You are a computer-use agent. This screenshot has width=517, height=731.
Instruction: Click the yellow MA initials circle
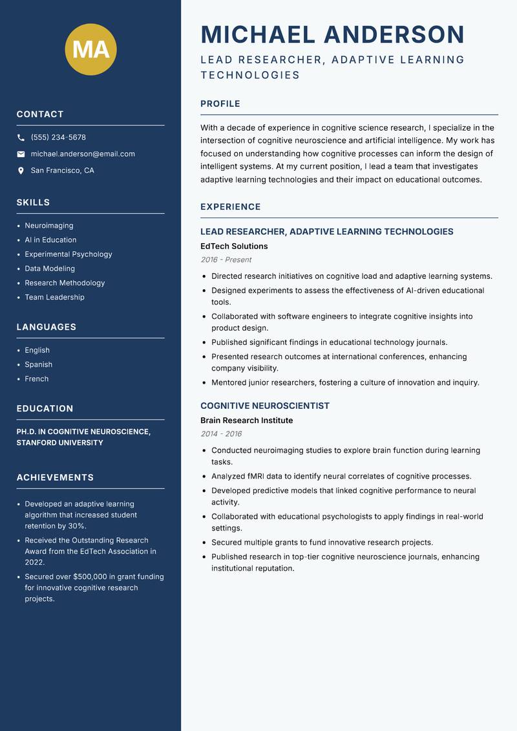point(91,50)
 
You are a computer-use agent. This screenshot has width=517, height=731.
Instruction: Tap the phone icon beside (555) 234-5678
point(21,138)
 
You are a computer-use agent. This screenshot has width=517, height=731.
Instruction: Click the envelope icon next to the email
point(21,154)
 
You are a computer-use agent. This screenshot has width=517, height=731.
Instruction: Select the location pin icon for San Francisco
point(21,171)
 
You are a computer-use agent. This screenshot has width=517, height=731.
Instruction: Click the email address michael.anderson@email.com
point(83,154)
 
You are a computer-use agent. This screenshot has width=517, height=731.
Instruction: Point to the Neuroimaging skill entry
point(49,226)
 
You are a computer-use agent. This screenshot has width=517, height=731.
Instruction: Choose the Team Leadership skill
point(54,298)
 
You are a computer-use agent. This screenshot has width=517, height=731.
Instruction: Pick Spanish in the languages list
point(39,365)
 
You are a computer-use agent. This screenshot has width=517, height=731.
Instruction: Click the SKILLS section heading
point(33,202)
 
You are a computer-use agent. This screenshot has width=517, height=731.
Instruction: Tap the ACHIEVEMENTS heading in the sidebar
point(55,477)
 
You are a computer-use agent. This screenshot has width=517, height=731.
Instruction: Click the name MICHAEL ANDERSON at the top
point(333,34)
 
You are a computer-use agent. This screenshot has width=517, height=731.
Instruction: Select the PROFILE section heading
point(220,104)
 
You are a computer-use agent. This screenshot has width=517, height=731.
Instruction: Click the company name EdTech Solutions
point(234,246)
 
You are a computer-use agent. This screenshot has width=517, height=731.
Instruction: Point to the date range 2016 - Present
point(226,259)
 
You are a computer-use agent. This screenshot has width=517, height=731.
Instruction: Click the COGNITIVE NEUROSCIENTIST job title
point(265,406)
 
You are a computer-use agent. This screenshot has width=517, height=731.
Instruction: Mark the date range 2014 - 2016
point(221,434)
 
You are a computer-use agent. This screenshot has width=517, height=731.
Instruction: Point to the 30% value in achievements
point(76,526)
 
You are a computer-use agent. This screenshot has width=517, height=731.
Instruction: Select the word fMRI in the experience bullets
point(257,476)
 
